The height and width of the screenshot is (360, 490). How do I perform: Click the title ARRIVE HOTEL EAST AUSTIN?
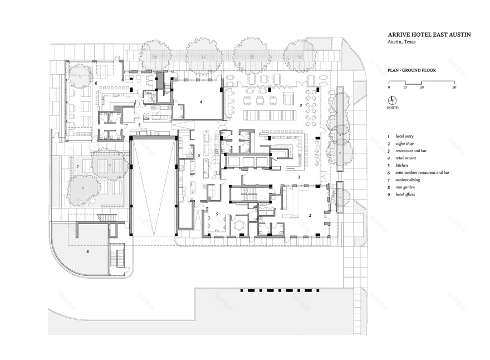[x=429, y=35]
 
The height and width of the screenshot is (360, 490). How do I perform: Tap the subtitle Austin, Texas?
[x=403, y=42]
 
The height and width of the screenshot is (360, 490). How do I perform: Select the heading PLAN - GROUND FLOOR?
[x=412, y=71]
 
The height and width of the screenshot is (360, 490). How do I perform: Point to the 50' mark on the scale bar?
[x=454, y=87]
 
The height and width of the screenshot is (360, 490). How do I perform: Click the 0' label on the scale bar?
[x=389, y=87]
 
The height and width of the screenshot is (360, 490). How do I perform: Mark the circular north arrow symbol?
[x=393, y=101]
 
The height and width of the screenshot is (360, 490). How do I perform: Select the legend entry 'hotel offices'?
[x=408, y=194]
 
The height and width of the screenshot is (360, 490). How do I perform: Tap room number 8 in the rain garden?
[x=87, y=251]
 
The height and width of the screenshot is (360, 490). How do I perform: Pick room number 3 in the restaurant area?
[x=301, y=105]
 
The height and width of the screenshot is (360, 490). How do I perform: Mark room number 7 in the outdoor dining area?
[x=78, y=167]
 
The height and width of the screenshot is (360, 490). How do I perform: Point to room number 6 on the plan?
[x=96, y=83]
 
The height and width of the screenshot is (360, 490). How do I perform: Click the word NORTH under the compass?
[x=393, y=109]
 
